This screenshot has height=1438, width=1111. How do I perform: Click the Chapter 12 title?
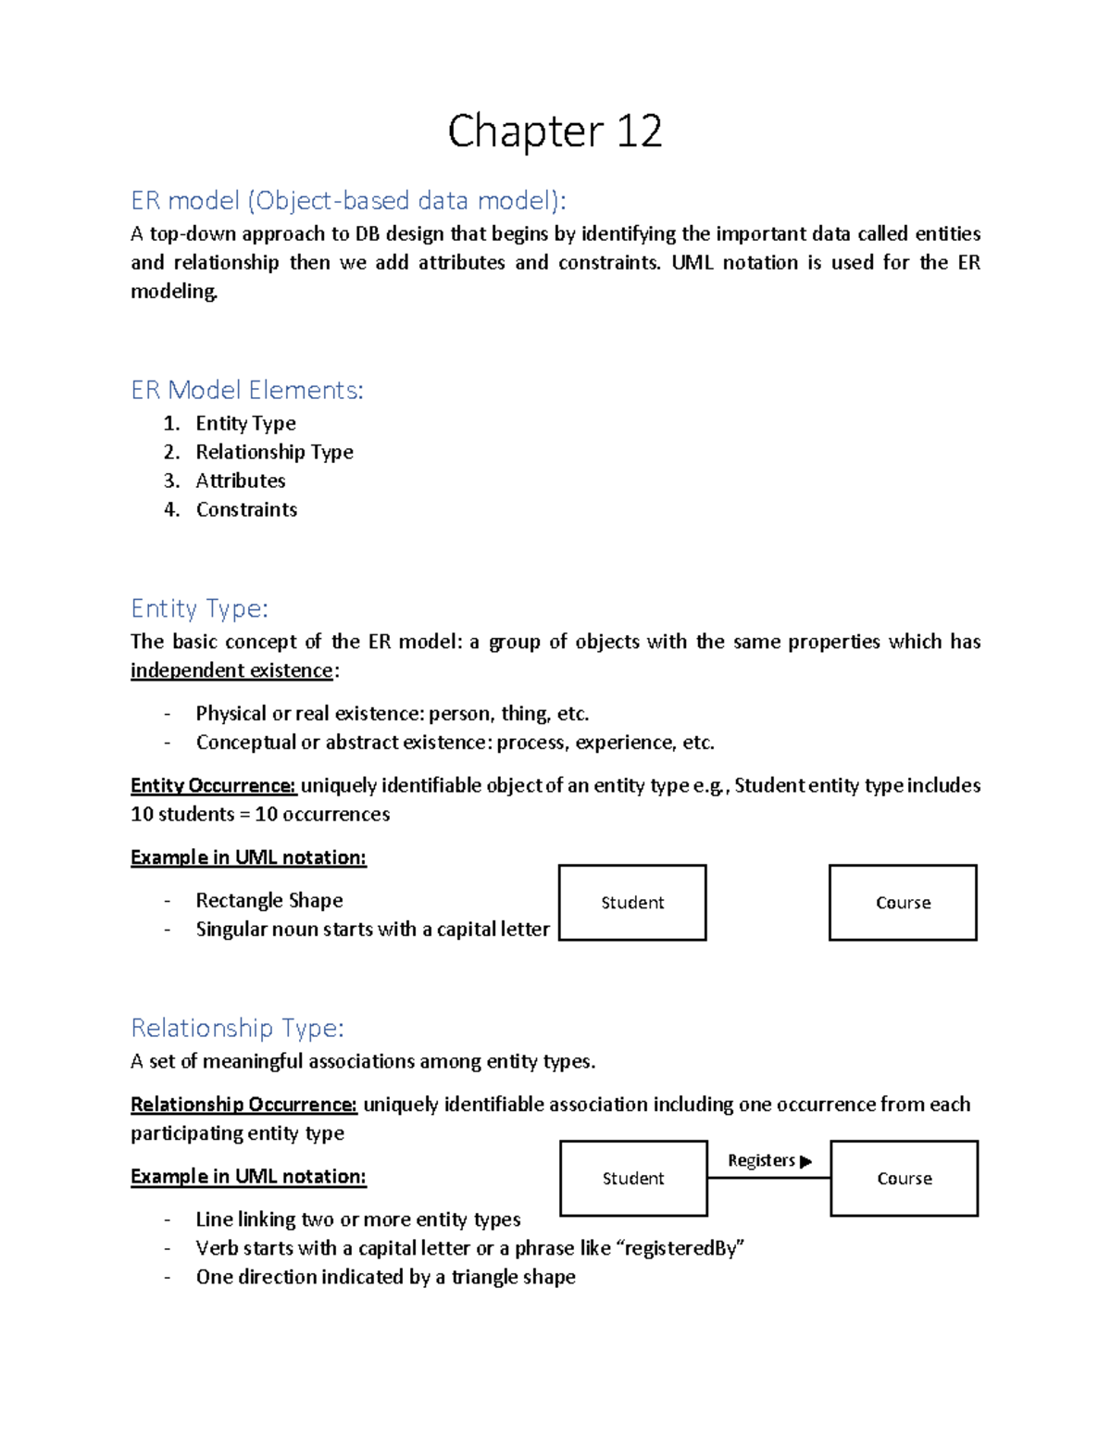(x=555, y=131)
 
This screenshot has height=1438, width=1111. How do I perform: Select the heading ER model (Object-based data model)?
(x=348, y=200)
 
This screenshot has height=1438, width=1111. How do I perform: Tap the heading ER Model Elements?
(x=247, y=390)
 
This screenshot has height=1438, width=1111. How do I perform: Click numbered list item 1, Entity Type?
(x=245, y=423)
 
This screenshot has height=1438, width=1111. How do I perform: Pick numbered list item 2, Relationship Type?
(x=274, y=452)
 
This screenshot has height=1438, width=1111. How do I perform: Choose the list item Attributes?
(x=241, y=481)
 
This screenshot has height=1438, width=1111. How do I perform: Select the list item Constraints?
(x=246, y=509)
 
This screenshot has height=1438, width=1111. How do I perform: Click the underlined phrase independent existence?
(x=231, y=670)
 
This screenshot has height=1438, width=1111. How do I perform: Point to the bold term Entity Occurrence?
(x=213, y=785)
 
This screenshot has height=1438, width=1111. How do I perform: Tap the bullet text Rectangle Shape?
(x=269, y=900)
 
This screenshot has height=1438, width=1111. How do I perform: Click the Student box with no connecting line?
(x=632, y=903)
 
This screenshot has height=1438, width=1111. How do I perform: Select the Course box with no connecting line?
(x=903, y=903)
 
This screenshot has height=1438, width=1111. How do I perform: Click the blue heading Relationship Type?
(x=237, y=1028)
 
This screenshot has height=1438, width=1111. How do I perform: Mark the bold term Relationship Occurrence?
(x=243, y=1105)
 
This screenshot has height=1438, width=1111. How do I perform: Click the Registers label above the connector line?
(x=761, y=1160)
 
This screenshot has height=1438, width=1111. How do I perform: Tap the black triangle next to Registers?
(x=805, y=1161)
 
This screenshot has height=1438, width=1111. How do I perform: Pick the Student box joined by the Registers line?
(x=633, y=1178)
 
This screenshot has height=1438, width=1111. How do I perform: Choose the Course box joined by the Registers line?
(x=905, y=1178)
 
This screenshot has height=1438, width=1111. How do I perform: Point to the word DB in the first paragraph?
(x=368, y=233)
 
